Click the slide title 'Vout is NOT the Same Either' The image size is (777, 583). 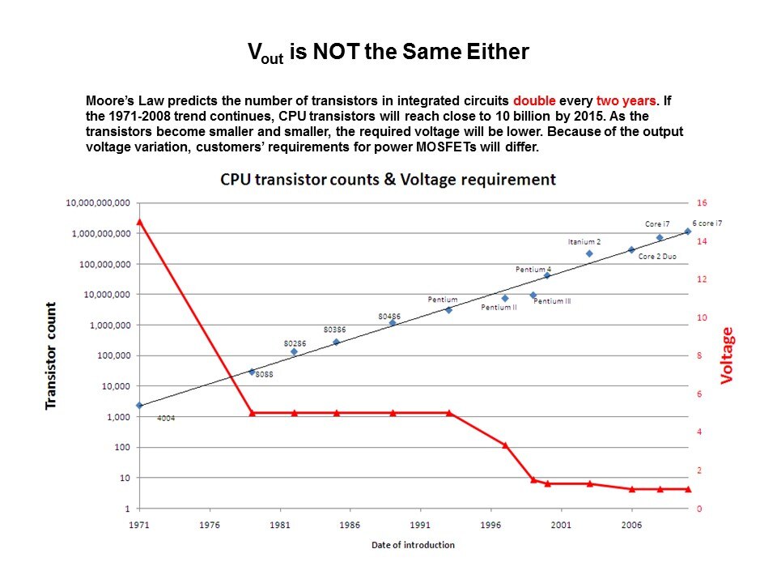click(x=388, y=53)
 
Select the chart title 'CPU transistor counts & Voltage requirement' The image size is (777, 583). click(x=388, y=179)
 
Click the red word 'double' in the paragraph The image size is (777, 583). click(x=533, y=102)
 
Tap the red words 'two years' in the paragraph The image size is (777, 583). click(x=626, y=102)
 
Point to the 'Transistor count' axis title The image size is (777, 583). click(x=51, y=355)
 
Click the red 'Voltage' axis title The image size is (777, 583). click(x=727, y=355)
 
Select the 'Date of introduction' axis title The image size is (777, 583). click(x=413, y=545)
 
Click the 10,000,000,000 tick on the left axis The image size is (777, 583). click(x=96, y=202)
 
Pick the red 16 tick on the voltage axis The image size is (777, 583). click(x=701, y=202)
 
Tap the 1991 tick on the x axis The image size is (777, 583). click(x=420, y=525)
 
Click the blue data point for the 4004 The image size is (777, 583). click(x=139, y=405)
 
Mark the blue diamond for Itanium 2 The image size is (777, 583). click(x=589, y=253)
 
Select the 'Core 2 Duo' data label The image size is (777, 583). click(x=657, y=257)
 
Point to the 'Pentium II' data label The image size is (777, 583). click(x=499, y=308)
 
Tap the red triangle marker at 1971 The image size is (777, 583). click(x=139, y=222)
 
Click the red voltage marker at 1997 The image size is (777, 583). click(x=505, y=445)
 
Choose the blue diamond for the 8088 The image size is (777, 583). click(x=252, y=372)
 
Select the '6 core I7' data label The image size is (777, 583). click(x=707, y=223)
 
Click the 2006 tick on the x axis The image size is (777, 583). click(x=631, y=525)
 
